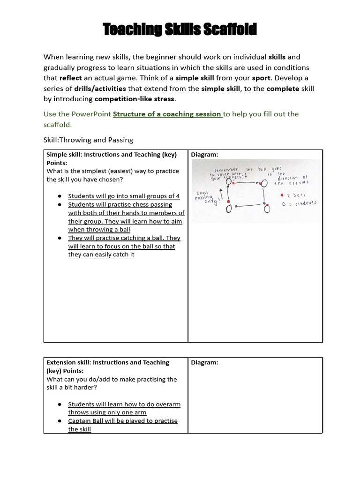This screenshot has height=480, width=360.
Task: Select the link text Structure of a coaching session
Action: click(167, 114)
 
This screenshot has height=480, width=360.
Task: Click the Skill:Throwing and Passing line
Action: click(88, 140)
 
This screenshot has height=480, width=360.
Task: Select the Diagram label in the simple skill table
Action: click(205, 155)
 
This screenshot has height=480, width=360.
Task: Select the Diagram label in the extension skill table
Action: click(205, 362)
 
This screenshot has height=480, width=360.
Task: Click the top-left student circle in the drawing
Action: click(229, 182)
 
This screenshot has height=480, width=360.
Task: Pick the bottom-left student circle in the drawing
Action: click(229, 209)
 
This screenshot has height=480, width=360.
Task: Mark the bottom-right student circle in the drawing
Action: click(266, 209)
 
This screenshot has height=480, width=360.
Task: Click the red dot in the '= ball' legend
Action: click(282, 195)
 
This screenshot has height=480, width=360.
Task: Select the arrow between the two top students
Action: click(247, 182)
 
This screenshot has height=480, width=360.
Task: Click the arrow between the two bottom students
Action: click(247, 205)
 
